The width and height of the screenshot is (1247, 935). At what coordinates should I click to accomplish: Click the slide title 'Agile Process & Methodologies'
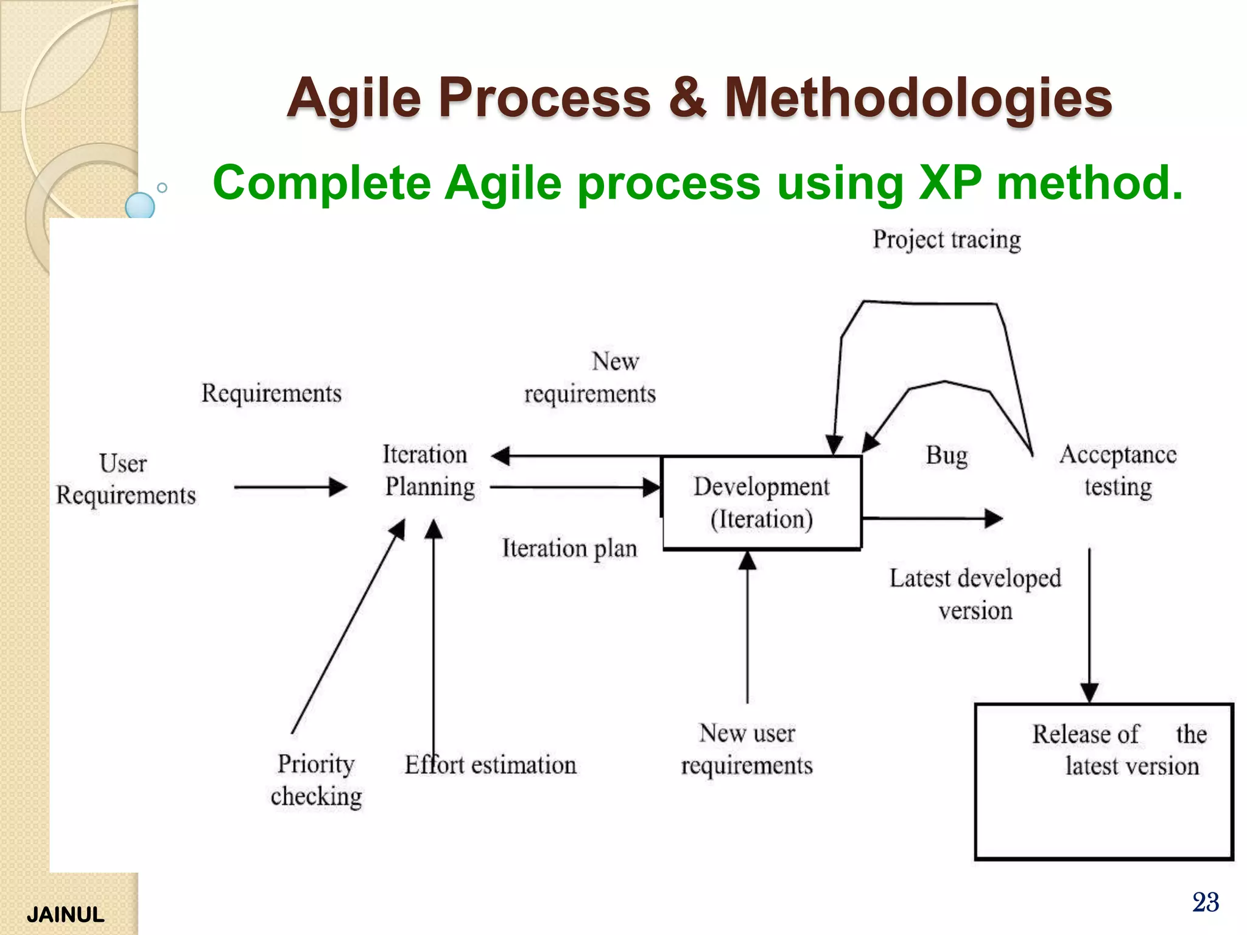coord(699,97)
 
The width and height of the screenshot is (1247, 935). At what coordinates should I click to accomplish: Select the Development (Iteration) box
coord(762,502)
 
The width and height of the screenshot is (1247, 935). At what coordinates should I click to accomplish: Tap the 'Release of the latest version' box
coord(1103,781)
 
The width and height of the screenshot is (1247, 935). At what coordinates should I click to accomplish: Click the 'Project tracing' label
coord(946,239)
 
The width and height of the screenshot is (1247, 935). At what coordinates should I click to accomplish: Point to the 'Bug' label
coord(946,455)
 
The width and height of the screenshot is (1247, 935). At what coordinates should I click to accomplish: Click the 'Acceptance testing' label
coord(1118,471)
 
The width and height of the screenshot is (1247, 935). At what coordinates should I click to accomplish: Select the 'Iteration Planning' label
coord(429,471)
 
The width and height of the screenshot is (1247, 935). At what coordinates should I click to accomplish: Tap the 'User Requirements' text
coord(125,479)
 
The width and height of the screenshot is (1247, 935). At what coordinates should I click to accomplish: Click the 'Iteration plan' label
coord(569,548)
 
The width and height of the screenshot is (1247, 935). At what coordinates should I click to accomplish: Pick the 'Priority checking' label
coord(316,780)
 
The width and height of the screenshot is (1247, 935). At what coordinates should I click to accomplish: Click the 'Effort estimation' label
coord(491,765)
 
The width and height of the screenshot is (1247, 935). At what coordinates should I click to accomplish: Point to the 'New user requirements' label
coord(747,749)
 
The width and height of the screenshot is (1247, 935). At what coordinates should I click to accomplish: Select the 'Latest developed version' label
coord(975,594)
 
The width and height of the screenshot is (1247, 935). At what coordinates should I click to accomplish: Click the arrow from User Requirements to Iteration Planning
coord(290,487)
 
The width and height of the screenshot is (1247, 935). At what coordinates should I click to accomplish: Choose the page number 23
coord(1205,902)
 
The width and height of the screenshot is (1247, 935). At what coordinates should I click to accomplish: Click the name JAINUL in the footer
coord(65,915)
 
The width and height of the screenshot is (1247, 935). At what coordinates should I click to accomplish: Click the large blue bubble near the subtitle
coord(140,206)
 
